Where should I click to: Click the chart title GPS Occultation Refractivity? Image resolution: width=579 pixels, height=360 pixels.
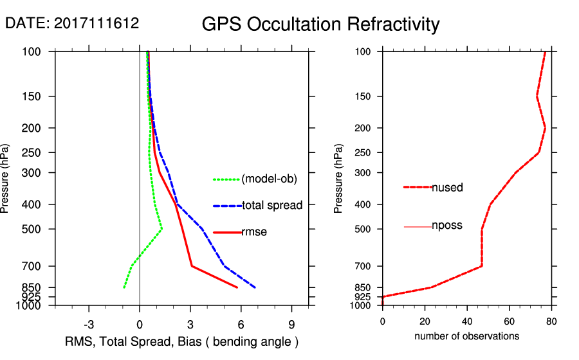(320, 24)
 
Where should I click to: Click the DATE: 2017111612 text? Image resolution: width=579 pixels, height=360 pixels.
(72, 23)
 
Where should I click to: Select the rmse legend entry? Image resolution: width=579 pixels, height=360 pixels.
(253, 232)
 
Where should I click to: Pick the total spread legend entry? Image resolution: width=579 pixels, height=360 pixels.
(272, 206)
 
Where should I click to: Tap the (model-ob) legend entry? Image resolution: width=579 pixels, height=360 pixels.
(269, 179)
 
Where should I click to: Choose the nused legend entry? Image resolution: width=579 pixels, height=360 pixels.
(447, 188)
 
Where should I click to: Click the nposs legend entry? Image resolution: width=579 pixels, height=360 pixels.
(446, 226)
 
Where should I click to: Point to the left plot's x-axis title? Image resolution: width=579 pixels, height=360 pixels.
(181, 341)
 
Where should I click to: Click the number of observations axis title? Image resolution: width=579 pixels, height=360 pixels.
(466, 336)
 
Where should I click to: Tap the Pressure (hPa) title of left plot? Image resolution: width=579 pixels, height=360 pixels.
(6, 179)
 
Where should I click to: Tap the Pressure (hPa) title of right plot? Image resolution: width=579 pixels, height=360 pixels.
(339, 179)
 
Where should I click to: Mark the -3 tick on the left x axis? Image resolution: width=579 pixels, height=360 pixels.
(89, 324)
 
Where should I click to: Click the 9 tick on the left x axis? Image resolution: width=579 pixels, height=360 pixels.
(292, 324)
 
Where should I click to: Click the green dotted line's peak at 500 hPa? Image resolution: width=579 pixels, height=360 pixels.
(162, 228)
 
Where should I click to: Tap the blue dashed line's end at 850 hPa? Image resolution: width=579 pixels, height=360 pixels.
(255, 287)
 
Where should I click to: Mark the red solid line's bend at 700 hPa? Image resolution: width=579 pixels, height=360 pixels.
(192, 265)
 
